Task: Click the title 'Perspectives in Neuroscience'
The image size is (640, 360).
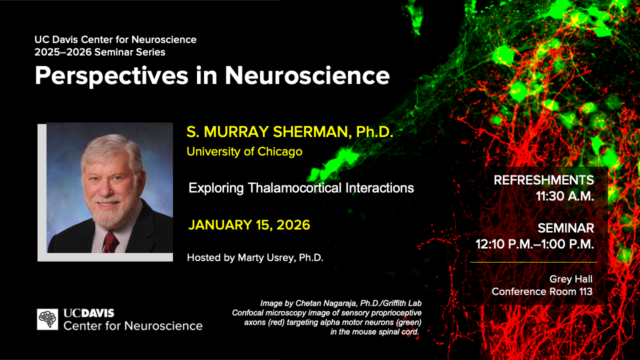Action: point(212,75)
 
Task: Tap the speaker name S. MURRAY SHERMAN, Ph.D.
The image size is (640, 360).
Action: point(290,132)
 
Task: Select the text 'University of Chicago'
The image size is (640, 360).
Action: point(244,151)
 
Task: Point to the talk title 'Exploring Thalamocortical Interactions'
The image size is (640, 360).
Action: point(301,188)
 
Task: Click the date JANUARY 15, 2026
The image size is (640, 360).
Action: point(249,225)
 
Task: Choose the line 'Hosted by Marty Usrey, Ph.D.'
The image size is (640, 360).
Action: point(255,258)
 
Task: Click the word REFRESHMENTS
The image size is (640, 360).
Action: point(543,180)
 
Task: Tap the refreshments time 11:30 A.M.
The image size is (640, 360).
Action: point(564,196)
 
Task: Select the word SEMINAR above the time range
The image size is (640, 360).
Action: point(565,228)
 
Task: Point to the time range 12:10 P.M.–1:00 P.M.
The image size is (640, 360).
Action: point(534,244)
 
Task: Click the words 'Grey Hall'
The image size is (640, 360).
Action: point(570,279)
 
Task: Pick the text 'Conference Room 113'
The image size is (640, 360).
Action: point(542,291)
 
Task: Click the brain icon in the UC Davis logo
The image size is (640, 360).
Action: point(47,319)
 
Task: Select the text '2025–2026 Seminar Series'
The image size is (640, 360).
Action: point(100,52)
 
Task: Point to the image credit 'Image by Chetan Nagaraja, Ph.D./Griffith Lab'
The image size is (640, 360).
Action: point(340,303)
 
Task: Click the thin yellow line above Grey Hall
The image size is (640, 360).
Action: point(533,262)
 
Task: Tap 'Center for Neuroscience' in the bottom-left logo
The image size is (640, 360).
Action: point(133,326)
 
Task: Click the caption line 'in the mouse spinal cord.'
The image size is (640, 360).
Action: point(374,332)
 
